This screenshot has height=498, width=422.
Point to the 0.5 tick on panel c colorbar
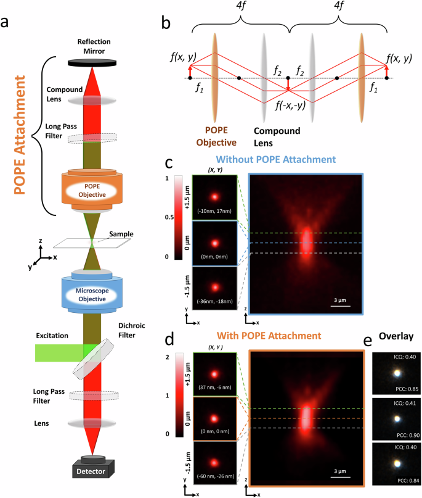[171, 217]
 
